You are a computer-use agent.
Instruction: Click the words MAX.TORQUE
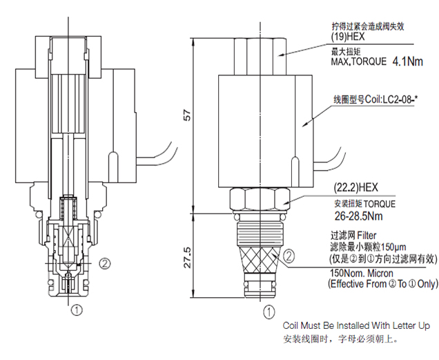click(x=359, y=62)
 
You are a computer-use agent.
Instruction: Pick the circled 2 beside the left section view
click(x=105, y=263)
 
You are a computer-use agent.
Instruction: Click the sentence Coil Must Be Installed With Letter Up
click(x=356, y=325)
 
